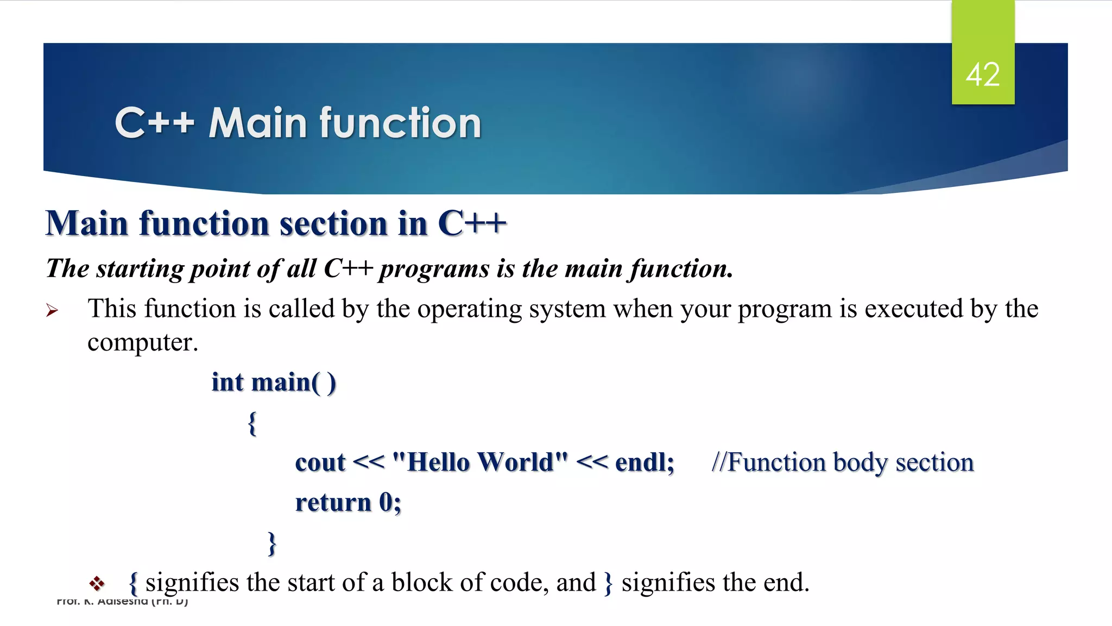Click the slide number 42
[982, 74]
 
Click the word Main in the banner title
[258, 123]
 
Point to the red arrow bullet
[52, 310]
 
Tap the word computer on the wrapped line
[142, 342]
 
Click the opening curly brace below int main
[252, 423]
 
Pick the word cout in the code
[320, 462]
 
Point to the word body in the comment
[860, 463]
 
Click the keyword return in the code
[333, 503]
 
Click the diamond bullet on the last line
[97, 584]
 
